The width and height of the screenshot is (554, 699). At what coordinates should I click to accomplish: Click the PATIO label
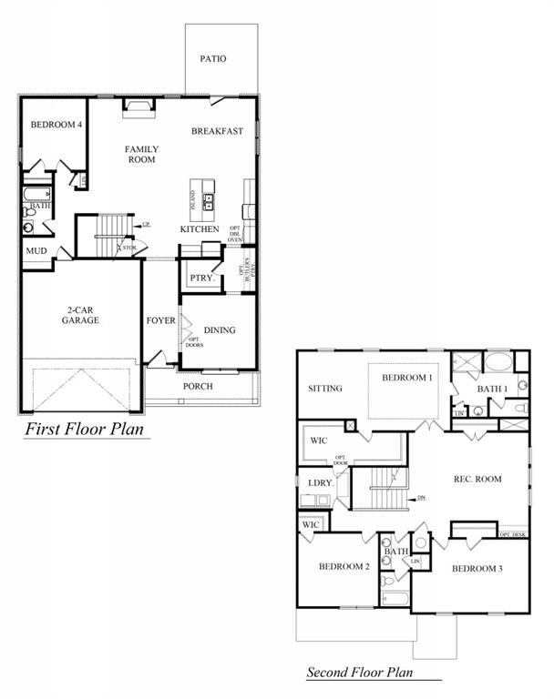213,59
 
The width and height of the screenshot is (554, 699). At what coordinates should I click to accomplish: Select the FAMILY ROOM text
141,154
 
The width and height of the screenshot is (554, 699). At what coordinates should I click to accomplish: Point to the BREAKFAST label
217,131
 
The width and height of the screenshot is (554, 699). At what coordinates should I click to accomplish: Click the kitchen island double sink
209,202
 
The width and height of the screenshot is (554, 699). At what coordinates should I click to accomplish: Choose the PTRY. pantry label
200,278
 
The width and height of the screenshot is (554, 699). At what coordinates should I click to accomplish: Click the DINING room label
220,330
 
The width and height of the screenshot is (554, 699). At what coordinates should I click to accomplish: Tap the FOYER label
160,321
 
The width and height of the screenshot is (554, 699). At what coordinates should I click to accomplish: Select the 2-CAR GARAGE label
80,315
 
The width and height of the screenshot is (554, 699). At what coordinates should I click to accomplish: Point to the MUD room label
36,250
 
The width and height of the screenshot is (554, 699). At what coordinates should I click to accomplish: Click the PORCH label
198,386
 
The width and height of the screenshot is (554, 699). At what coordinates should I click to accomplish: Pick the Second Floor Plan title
359,674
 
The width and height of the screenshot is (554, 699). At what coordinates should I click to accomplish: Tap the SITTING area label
325,389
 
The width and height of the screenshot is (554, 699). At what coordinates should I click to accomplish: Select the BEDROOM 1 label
407,378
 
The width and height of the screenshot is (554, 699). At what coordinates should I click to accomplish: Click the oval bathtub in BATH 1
498,362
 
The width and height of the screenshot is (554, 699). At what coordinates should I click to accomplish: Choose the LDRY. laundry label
319,482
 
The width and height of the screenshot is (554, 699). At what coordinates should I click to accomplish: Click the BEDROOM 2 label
344,567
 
